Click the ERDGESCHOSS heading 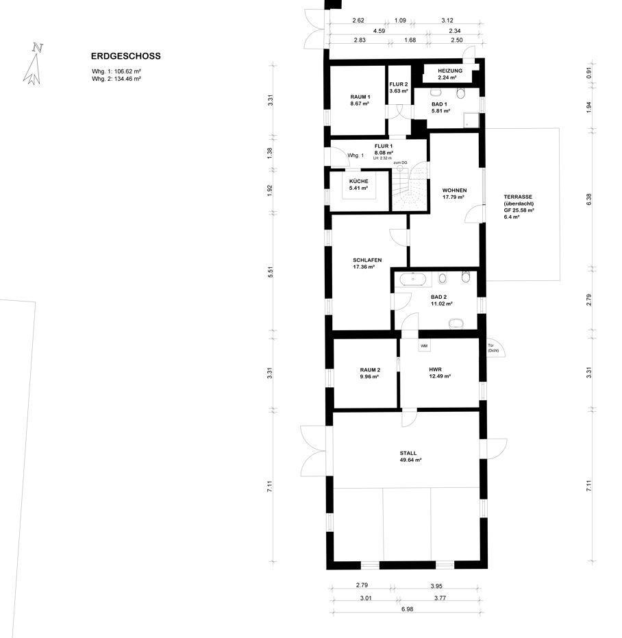click(126, 56)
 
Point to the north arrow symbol click(33, 64)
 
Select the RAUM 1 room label click(360, 97)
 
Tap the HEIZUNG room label click(450, 71)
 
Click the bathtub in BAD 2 click(413, 279)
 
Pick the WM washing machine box click(424, 345)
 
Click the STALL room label click(408, 453)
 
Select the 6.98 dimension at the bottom click(407, 609)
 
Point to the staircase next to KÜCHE click(408, 189)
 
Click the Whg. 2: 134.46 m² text click(116, 79)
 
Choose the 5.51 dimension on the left click(271, 272)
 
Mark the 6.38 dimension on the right click(589, 199)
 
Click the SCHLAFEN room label click(367, 260)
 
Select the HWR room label click(435, 369)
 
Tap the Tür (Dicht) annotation click(493, 348)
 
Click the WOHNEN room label click(454, 190)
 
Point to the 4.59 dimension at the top click(379, 31)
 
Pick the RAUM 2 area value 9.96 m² click(369, 377)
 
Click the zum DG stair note click(400, 163)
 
